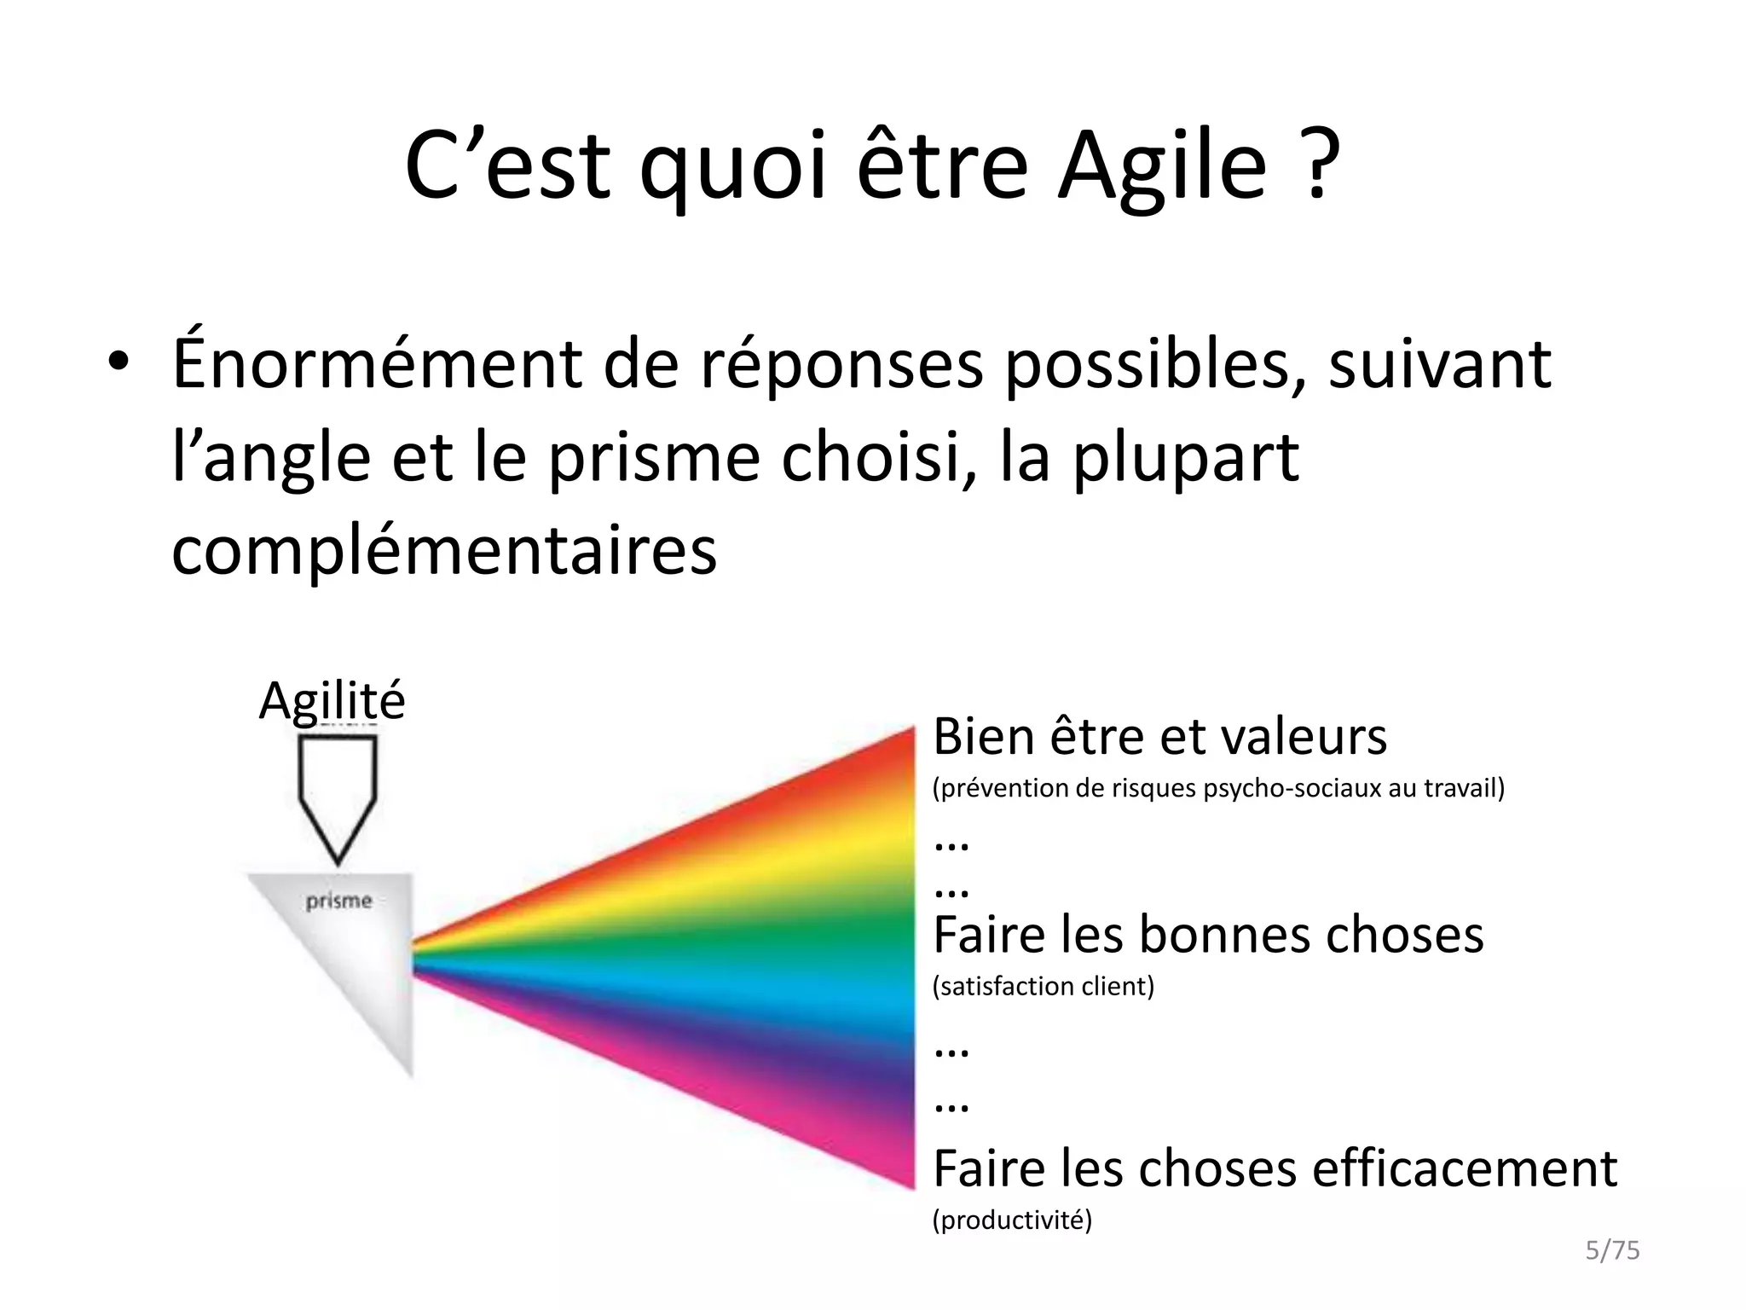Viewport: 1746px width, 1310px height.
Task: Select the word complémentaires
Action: (x=444, y=550)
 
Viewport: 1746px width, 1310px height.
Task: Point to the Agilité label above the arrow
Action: (x=332, y=701)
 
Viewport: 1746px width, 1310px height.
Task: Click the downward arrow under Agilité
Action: (x=338, y=797)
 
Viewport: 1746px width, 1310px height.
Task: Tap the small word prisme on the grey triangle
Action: (x=338, y=901)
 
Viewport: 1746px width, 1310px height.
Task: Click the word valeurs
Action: (x=1304, y=737)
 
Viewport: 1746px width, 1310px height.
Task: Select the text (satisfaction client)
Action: (x=1044, y=987)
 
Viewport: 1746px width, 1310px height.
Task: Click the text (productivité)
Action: (x=1012, y=1220)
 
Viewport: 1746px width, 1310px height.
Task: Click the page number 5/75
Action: (x=1612, y=1250)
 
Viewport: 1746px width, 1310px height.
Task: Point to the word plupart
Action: (x=1185, y=458)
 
